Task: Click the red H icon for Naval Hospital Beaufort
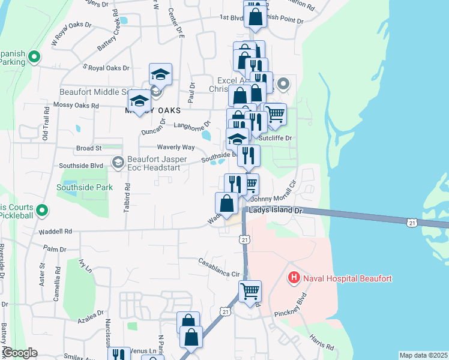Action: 294,278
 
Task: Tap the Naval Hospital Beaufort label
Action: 348,278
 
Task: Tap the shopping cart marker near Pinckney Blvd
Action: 250,292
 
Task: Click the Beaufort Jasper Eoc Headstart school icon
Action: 118,161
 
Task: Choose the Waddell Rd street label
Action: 55,231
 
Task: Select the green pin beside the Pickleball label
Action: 42,211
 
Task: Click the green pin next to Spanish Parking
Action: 34,58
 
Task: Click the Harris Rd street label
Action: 322,341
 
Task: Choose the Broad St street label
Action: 89,147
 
